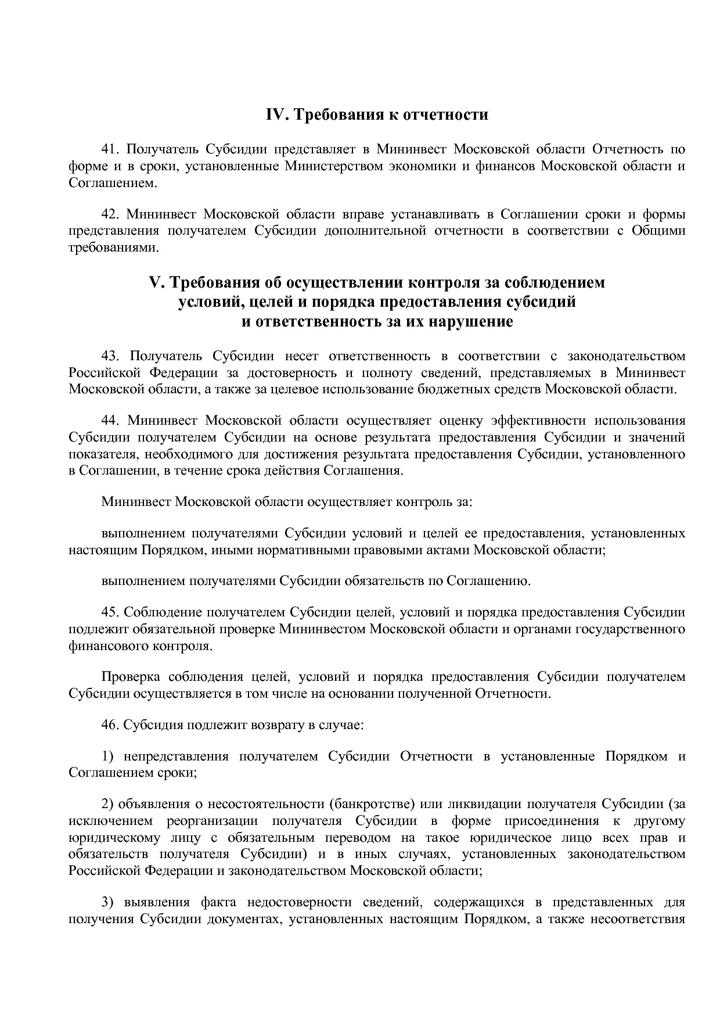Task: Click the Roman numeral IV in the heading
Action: (x=276, y=114)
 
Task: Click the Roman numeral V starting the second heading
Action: (x=156, y=283)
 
